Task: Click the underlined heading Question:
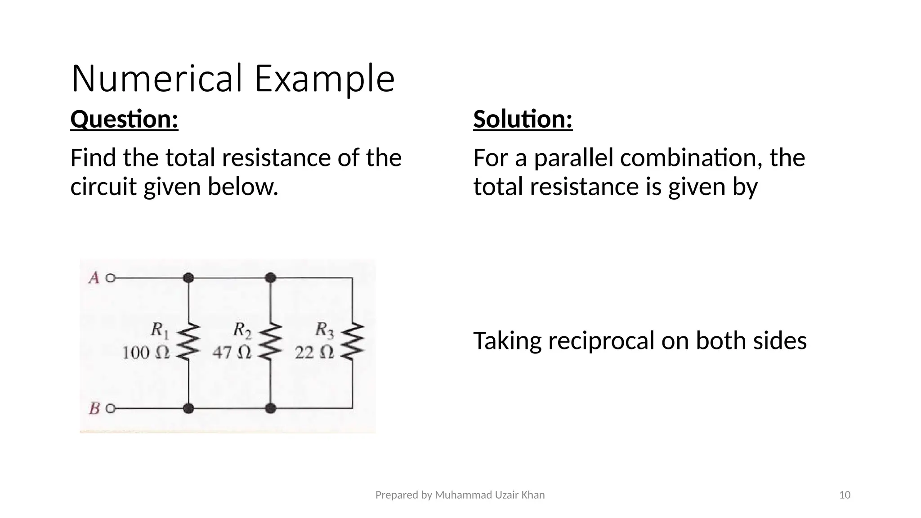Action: pos(124,120)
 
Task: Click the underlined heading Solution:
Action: pos(523,120)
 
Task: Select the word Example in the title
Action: pos(324,79)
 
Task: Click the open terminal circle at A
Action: pos(110,278)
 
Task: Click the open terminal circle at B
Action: pos(110,408)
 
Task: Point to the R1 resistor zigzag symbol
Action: pos(188,341)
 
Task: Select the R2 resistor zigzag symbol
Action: pos(270,341)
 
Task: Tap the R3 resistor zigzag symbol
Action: pos(353,341)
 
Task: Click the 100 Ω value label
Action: pos(146,353)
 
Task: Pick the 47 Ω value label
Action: pos(232,353)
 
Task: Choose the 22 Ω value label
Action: pos(314,353)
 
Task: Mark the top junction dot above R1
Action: pos(188,278)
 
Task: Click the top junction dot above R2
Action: pos(270,278)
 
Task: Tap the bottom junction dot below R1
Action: pos(188,408)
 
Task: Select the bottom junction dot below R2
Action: pos(270,408)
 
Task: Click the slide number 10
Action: pos(845,495)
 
